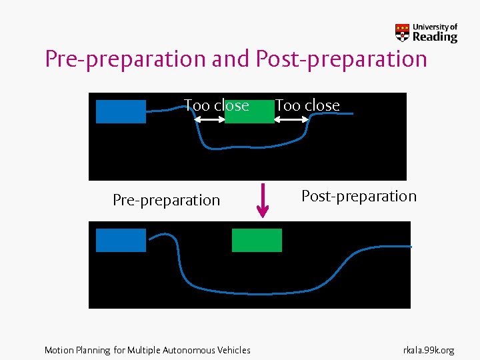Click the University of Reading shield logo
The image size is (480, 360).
coord(403,33)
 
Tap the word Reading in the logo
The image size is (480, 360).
coord(435,37)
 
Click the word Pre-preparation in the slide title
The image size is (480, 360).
coord(125,59)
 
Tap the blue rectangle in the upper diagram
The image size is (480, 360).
coord(121,111)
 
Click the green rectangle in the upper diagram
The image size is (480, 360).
coord(249,112)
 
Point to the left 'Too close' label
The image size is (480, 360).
coord(216,105)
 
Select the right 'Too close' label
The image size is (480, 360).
coord(307,105)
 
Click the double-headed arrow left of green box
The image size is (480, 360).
coord(209,119)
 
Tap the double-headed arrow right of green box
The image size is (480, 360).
coord(291,119)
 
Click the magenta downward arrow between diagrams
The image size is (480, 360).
coord(263,199)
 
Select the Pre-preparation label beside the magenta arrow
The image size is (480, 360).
coord(166,200)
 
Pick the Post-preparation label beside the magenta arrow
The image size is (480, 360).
coord(359,196)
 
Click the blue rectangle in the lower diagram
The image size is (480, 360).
coord(121,240)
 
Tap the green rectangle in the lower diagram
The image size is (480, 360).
coord(257,240)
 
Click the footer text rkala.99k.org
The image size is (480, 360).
coord(429,350)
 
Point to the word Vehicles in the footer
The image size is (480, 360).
coord(235,350)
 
